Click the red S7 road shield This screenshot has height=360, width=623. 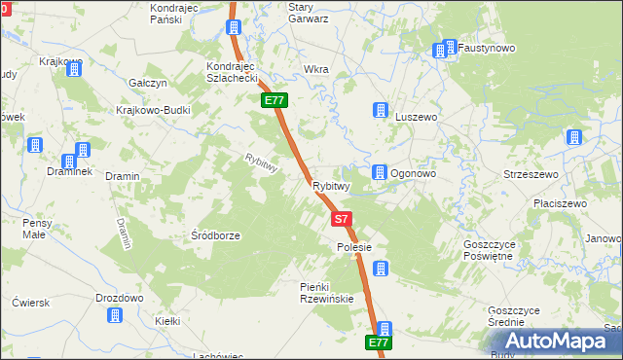point(340,220)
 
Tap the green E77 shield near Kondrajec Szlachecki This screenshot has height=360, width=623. point(274,100)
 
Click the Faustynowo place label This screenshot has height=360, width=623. point(487,48)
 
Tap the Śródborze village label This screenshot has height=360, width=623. point(215,235)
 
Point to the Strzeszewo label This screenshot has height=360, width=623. point(529,174)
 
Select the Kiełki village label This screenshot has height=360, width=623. point(168,320)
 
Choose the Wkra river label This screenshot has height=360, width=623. point(316,70)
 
